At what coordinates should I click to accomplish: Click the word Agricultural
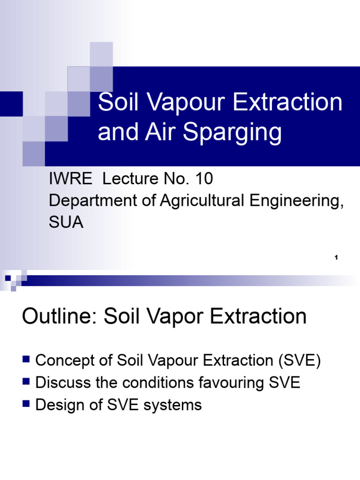[x=205, y=201]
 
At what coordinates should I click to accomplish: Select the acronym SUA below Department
[x=66, y=223]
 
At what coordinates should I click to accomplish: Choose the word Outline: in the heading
[x=60, y=317]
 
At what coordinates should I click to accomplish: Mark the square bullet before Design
[x=26, y=403]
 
